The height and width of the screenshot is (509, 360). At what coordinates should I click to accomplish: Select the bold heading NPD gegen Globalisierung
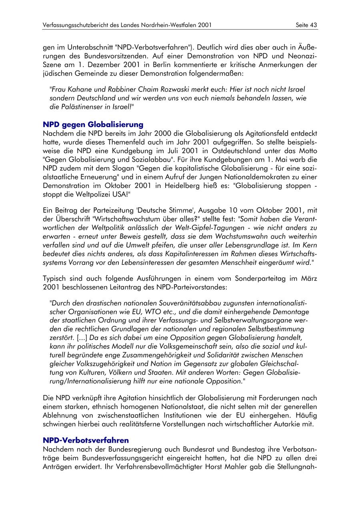pyautogui.click(x=93, y=125)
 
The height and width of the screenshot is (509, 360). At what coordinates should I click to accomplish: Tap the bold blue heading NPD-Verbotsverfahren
pyautogui.click(x=86, y=440)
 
